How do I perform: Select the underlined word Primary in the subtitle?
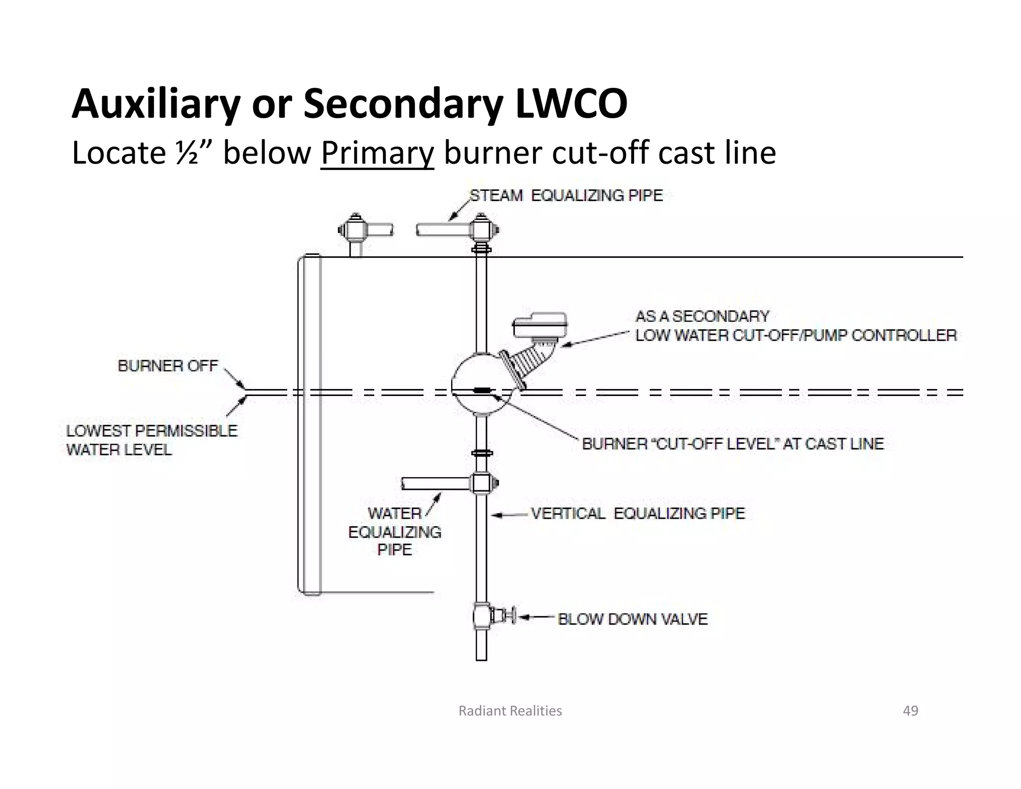[377, 153]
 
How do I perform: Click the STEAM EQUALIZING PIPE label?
[566, 196]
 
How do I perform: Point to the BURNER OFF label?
[168, 366]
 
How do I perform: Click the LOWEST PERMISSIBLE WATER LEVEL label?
[152, 440]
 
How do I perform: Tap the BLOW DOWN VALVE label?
[633, 619]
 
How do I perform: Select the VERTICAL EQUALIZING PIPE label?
[638, 513]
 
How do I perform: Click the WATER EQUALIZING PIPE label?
[395, 532]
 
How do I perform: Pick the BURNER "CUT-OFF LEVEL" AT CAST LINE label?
[732, 443]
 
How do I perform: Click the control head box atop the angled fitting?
[540, 325]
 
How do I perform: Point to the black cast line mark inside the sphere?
[482, 391]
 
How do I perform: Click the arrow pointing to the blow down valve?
[536, 618]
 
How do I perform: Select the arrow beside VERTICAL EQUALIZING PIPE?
[509, 514]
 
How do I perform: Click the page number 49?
[910, 711]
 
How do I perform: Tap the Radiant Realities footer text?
[510, 711]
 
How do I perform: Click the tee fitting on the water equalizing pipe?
[482, 483]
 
